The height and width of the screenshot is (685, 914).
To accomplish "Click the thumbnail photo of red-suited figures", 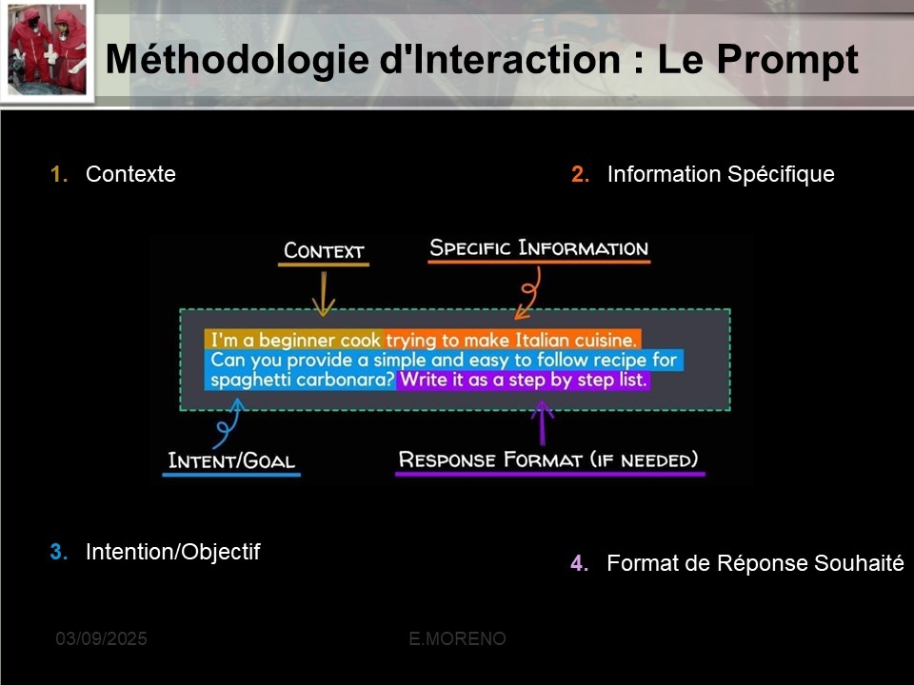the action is tap(48, 50).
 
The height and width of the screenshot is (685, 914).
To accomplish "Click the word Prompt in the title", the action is tap(787, 60).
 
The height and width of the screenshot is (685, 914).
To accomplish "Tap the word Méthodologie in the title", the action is tap(239, 60).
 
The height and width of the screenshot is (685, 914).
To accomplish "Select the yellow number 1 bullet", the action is tap(59, 174).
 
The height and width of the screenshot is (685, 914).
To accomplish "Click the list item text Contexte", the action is tap(130, 174).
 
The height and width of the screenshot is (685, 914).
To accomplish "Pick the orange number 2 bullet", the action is tap(580, 174).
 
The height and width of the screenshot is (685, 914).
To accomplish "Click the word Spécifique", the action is tap(781, 175).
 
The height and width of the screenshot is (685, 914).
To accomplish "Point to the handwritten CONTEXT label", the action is tap(324, 250).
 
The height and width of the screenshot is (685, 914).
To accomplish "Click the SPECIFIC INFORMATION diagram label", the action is tap(539, 248).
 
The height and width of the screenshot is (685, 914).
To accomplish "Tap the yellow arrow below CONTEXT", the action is tap(324, 294).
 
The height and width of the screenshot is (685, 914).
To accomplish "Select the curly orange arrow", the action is tap(529, 294).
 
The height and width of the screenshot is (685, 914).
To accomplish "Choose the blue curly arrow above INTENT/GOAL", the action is tap(228, 422).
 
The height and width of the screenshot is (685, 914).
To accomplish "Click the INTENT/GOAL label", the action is tap(231, 460).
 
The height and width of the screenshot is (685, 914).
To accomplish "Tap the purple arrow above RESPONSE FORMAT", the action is tap(542, 422).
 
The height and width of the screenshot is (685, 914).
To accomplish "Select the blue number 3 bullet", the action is tap(59, 552).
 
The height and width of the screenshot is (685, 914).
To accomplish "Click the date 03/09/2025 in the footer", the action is tap(102, 639).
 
